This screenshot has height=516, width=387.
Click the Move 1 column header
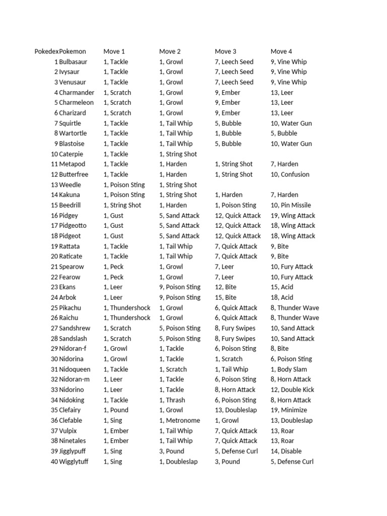(x=114, y=51)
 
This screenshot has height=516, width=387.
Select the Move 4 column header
(x=281, y=51)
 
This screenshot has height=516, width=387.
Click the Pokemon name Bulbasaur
(x=73, y=61)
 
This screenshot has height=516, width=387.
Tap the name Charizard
(x=73, y=113)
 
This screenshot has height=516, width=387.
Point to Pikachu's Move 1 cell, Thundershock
(x=126, y=307)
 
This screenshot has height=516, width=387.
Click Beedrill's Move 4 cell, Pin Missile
(x=291, y=205)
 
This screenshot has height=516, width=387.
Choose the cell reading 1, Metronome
(x=179, y=420)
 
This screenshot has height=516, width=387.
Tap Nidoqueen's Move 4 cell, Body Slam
(x=289, y=369)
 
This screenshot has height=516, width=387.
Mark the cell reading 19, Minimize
(x=289, y=410)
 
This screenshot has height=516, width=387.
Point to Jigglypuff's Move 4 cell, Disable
(x=286, y=451)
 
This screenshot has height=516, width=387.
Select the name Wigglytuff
(x=74, y=462)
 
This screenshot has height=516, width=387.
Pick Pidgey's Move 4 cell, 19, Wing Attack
(x=293, y=216)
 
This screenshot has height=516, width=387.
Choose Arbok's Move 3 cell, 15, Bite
(x=225, y=297)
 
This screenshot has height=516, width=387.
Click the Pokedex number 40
(x=54, y=462)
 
